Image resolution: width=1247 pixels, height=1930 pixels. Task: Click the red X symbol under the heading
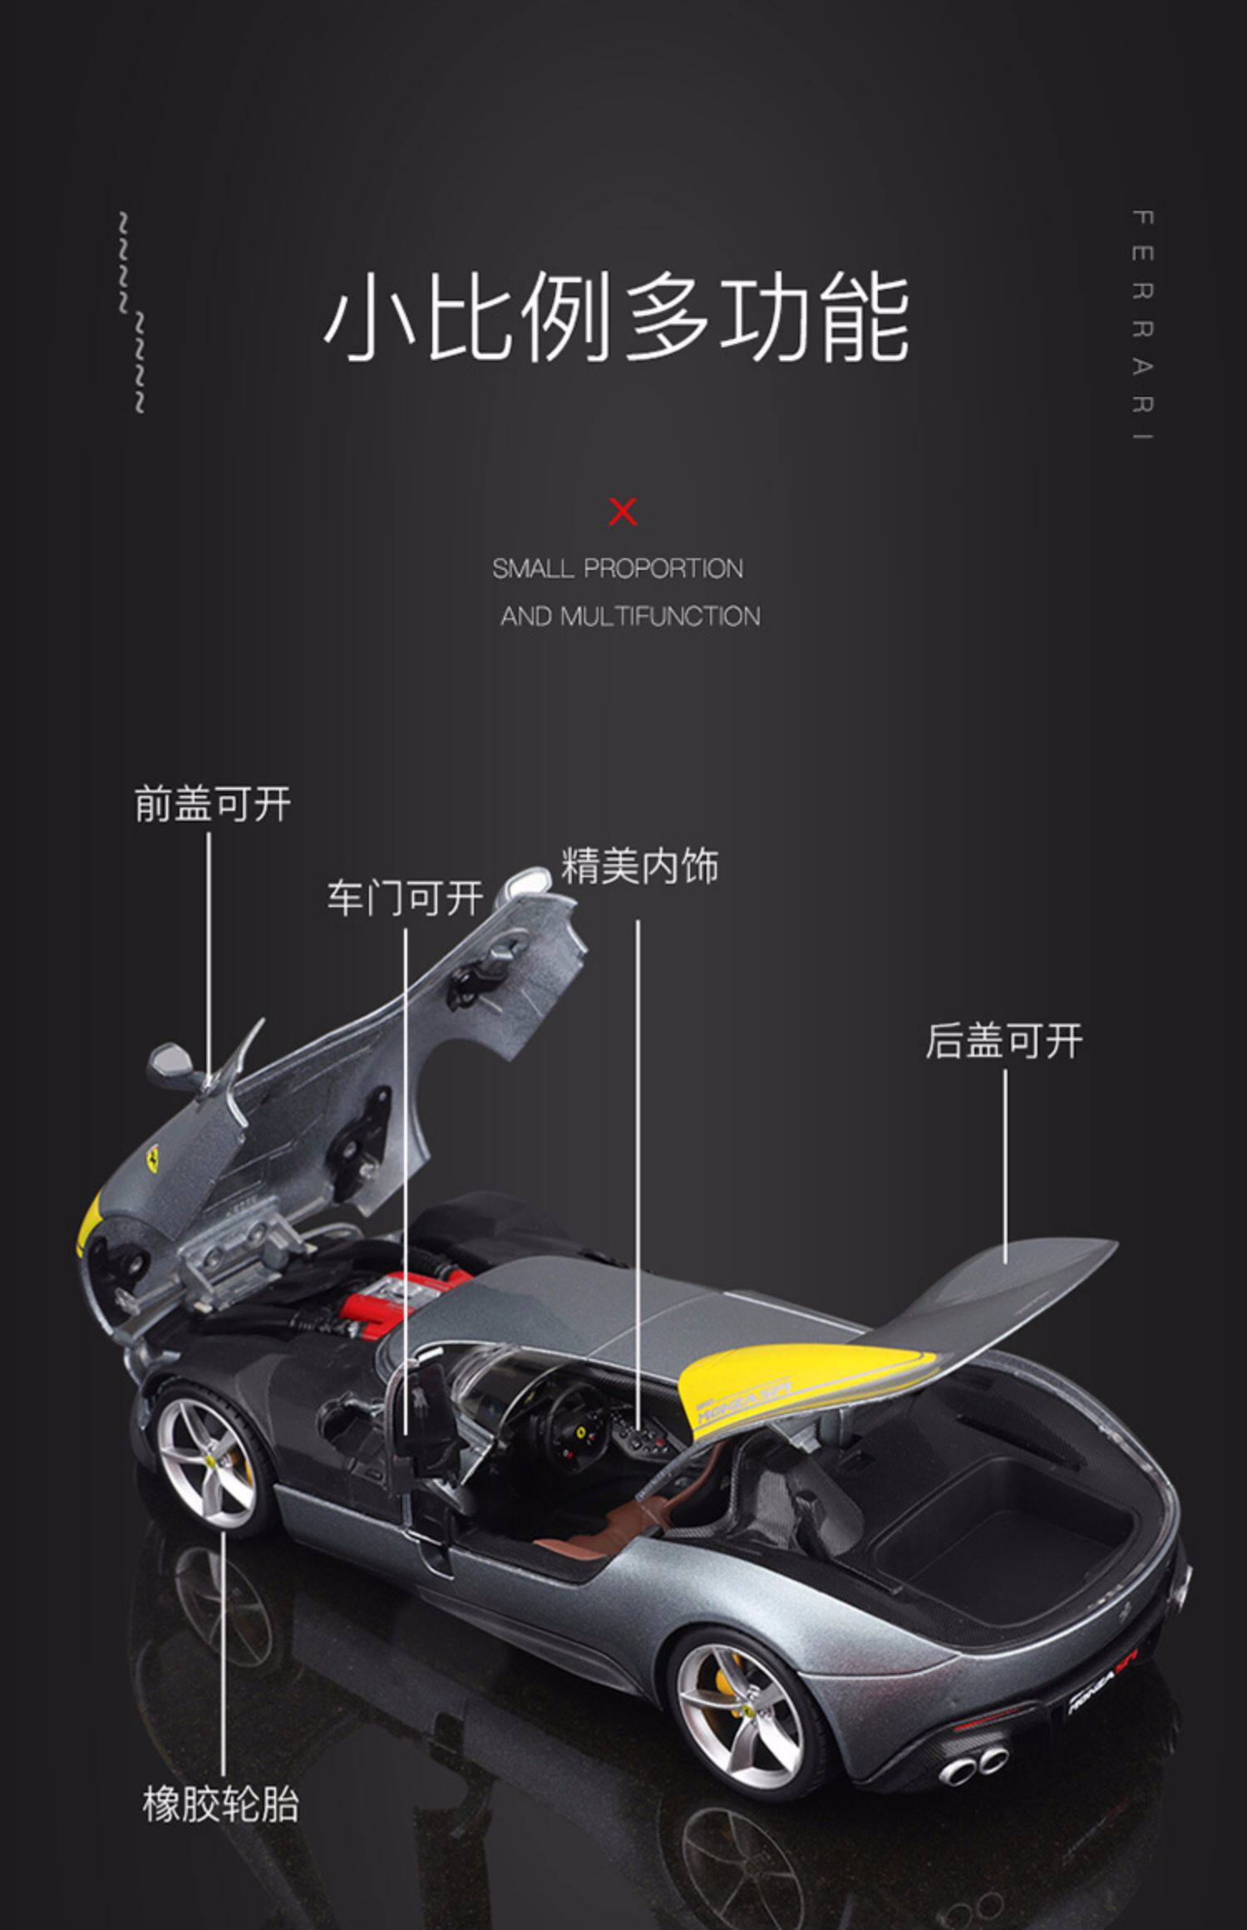pyautogui.click(x=623, y=511)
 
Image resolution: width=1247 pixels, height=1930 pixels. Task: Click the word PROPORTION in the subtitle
pyautogui.click(x=663, y=569)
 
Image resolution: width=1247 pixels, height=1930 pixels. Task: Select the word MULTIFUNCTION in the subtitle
pyautogui.click(x=660, y=616)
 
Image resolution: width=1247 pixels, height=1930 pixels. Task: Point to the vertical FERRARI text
pyautogui.click(x=1143, y=326)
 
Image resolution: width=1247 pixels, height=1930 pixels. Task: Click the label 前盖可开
pyautogui.click(x=213, y=804)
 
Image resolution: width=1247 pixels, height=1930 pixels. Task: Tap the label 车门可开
pyautogui.click(x=405, y=899)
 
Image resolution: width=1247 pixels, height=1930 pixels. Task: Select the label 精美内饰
pyautogui.click(x=640, y=865)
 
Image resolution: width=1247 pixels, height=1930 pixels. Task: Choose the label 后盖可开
pyautogui.click(x=1004, y=1040)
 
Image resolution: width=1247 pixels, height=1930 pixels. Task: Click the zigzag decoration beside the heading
pyautogui.click(x=131, y=313)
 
